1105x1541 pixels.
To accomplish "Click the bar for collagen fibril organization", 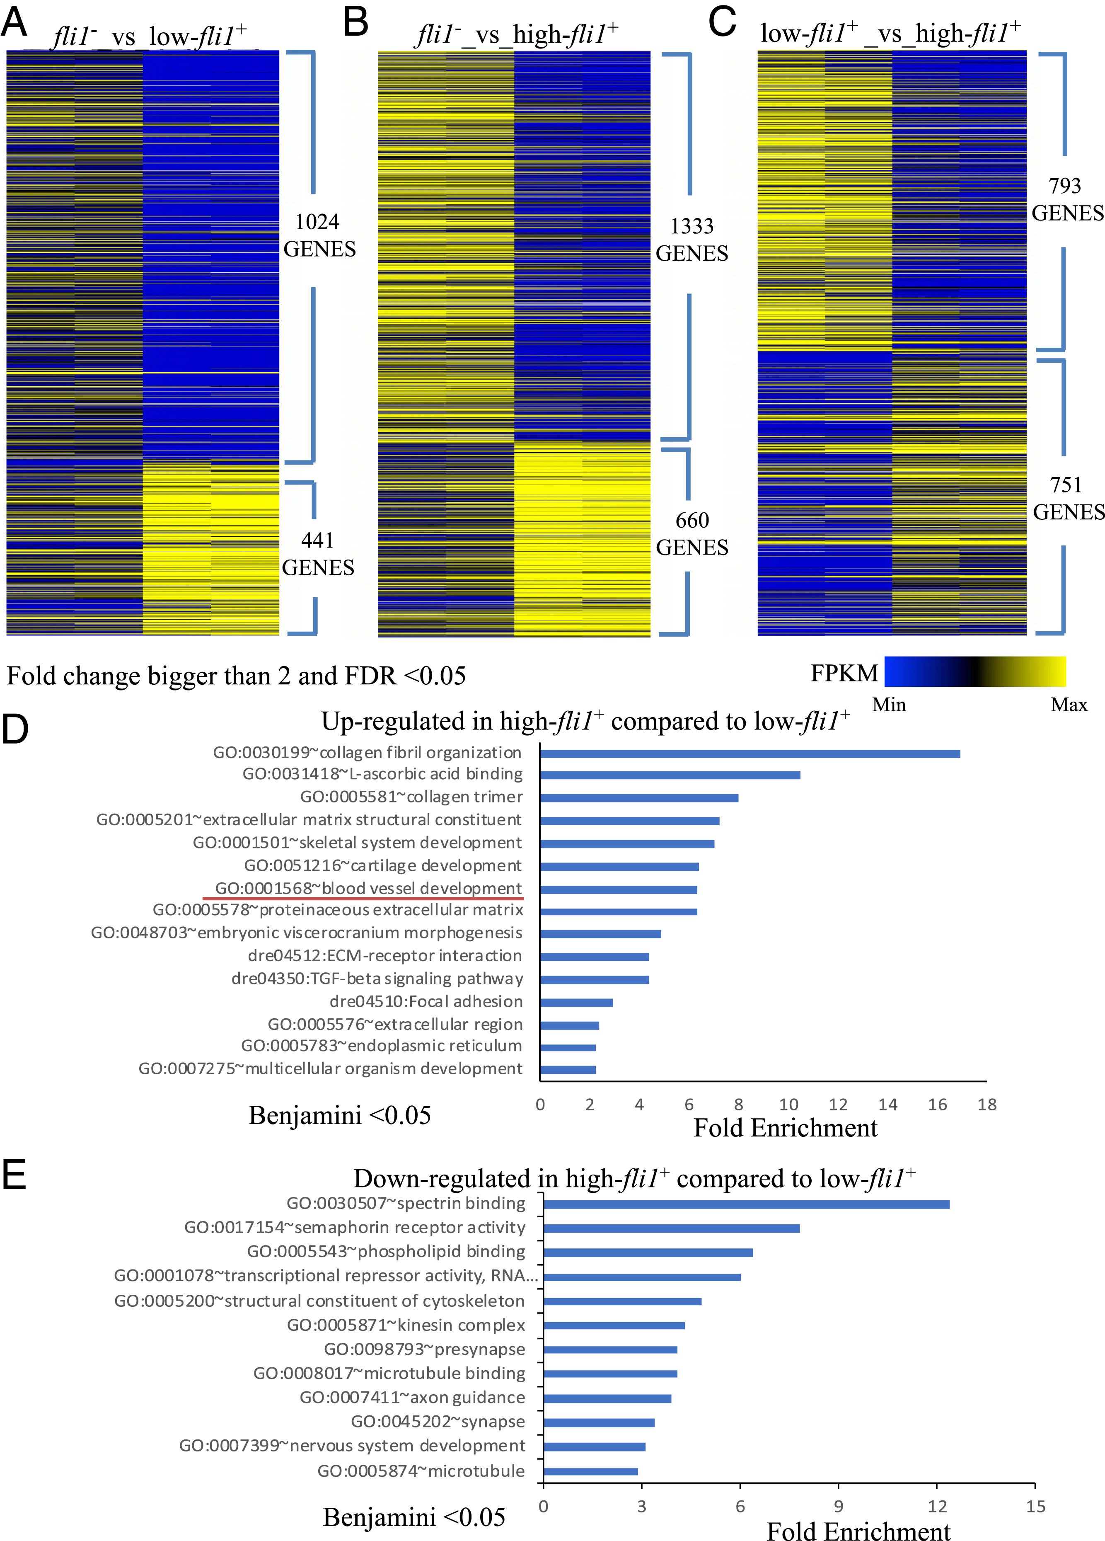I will click(750, 754).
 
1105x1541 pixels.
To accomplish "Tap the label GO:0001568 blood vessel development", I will click(368, 888).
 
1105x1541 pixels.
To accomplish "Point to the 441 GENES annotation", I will click(318, 554).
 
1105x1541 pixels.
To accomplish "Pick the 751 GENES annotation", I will click(1068, 499).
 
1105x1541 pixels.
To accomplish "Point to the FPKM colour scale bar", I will click(974, 671).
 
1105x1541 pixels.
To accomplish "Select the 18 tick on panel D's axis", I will click(987, 1105).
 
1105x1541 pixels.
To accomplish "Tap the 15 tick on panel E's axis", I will click(1035, 1506).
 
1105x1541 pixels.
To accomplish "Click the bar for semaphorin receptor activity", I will click(671, 1228).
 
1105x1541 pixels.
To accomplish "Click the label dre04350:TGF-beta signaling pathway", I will click(377, 979).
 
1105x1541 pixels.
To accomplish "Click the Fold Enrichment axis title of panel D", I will click(785, 1128).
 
